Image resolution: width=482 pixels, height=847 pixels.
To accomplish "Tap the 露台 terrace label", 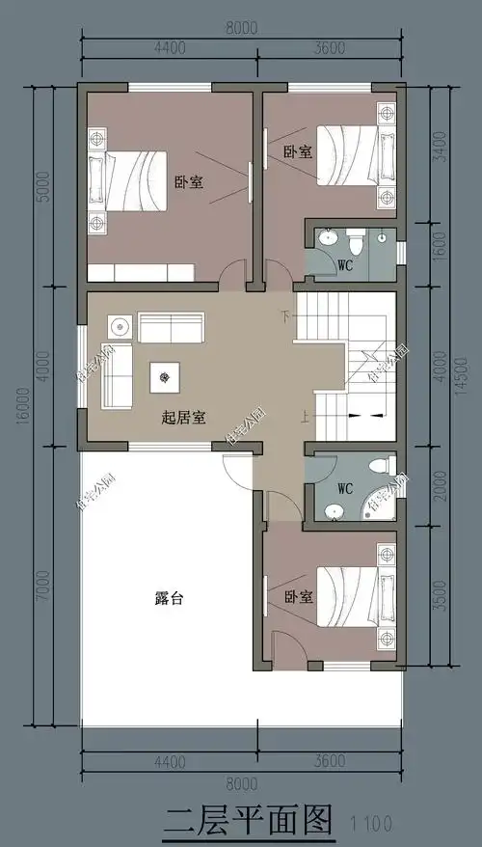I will pyautogui.click(x=169, y=598).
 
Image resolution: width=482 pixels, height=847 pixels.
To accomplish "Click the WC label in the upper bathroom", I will pyautogui.click(x=344, y=263).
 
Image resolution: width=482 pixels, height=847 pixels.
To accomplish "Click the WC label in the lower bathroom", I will pyautogui.click(x=346, y=487).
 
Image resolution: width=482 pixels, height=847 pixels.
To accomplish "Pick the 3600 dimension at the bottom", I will pyautogui.click(x=331, y=761).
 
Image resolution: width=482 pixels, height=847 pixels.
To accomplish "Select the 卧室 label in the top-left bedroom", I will pyautogui.click(x=188, y=182).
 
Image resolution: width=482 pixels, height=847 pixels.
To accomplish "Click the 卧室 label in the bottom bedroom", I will pyautogui.click(x=297, y=598).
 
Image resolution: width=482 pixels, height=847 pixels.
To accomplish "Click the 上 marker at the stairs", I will pyautogui.click(x=305, y=417).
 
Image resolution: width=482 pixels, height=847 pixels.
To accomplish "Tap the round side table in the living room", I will pyautogui.click(x=119, y=323).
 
